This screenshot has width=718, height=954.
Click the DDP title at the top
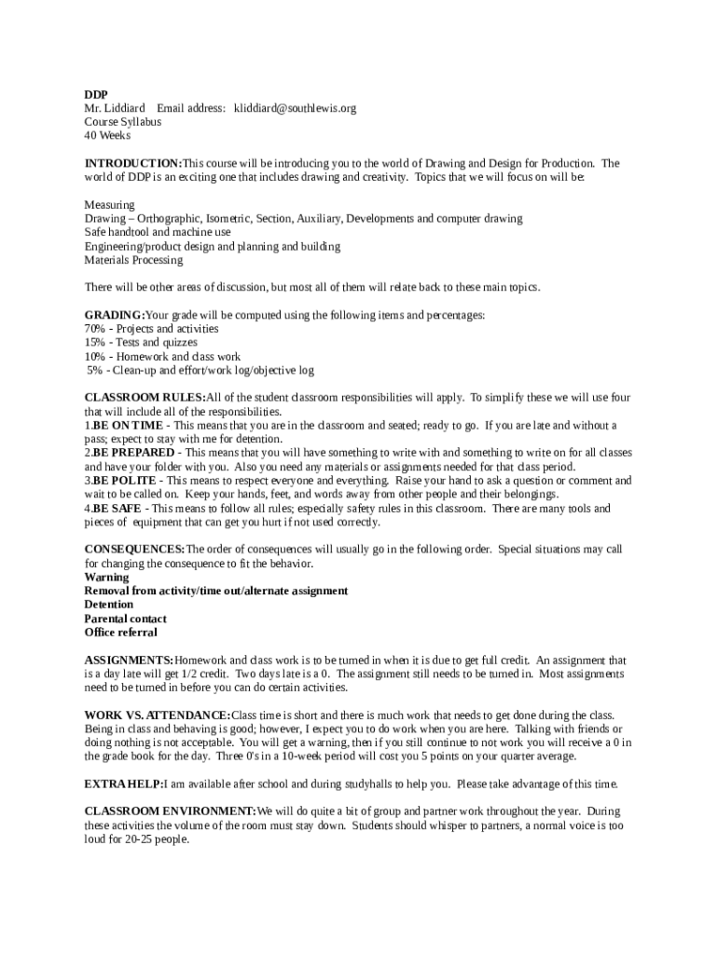[x=96, y=94]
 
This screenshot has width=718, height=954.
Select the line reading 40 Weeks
[x=107, y=135]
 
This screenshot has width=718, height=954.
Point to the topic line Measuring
[x=109, y=205]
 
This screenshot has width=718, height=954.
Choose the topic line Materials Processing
[x=133, y=260]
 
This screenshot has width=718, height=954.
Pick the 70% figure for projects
[x=94, y=329]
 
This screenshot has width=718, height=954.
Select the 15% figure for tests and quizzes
[x=94, y=343]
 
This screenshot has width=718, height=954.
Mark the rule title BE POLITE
[x=125, y=481]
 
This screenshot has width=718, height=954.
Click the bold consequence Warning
[x=106, y=578]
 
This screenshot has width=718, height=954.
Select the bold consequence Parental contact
[x=126, y=619]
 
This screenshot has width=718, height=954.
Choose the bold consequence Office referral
[x=121, y=633]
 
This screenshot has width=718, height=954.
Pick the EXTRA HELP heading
[x=124, y=784]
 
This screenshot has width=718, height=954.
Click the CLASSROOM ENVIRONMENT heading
[x=170, y=811]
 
